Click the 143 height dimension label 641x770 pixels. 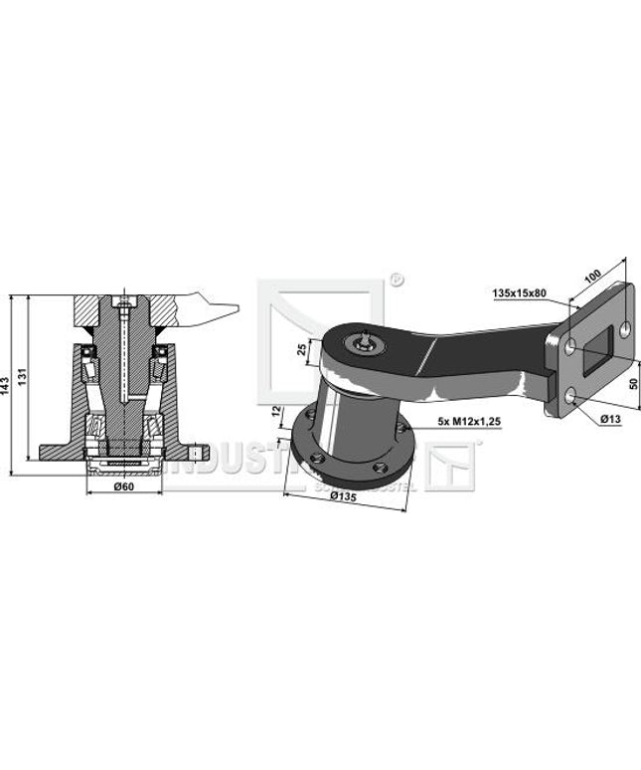tap(7, 382)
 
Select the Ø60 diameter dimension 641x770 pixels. tap(123, 487)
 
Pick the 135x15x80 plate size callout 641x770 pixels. tap(520, 293)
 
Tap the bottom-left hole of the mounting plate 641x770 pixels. tap(569, 396)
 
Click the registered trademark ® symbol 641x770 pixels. tap(395, 280)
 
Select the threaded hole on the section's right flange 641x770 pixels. tap(199, 453)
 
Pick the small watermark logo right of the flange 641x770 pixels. tap(452, 466)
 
